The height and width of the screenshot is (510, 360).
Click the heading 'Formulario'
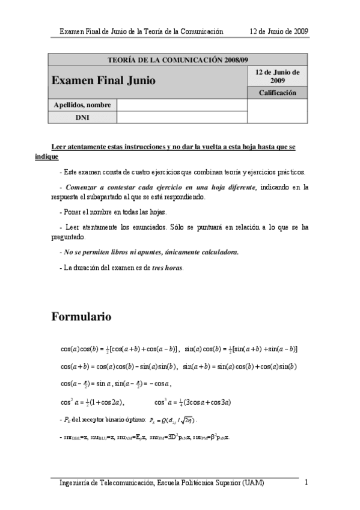click(x=81, y=316)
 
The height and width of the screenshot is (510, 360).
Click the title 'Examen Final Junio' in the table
click(x=103, y=80)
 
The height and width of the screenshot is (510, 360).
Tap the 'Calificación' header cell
click(x=277, y=93)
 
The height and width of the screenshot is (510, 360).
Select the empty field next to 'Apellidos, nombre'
click(x=182, y=105)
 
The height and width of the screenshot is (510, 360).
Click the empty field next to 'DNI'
click(x=182, y=117)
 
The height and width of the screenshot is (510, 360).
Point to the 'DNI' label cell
click(x=82, y=117)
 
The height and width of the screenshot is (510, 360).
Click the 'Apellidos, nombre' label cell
click(x=82, y=105)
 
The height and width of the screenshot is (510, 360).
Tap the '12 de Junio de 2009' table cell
click(x=277, y=76)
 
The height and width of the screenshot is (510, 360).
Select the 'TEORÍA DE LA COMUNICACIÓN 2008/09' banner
click(x=177, y=60)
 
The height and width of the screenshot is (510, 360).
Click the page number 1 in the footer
click(x=307, y=482)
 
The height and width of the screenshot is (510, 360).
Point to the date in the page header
click(x=279, y=31)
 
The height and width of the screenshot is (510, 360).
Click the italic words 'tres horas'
click(x=166, y=268)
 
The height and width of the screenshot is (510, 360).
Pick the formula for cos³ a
click(x=193, y=402)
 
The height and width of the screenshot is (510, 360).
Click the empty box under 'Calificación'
click(x=277, y=111)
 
